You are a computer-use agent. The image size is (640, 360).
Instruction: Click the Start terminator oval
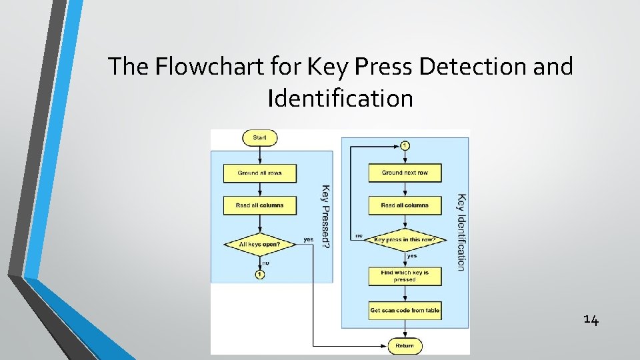click(x=259, y=138)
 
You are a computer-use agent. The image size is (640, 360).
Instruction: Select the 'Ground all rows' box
click(x=259, y=173)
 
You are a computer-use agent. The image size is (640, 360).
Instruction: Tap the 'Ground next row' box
click(x=405, y=173)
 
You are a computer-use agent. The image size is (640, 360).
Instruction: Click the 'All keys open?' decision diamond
click(x=259, y=244)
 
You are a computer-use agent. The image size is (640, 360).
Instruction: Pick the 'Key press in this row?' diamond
click(x=405, y=239)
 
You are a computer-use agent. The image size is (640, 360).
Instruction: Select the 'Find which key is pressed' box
click(x=405, y=276)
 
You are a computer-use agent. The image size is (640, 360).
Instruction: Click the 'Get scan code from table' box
click(x=405, y=310)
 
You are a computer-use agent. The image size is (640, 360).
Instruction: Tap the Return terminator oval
click(x=405, y=346)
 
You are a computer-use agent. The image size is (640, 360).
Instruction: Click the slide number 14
click(x=591, y=320)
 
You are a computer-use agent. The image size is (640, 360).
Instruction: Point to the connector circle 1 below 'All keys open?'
click(x=259, y=275)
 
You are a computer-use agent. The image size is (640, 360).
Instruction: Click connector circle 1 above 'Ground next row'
click(x=405, y=145)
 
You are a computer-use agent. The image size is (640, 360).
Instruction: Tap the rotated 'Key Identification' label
click(x=461, y=232)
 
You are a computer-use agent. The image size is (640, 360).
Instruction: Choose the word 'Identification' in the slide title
click(x=340, y=99)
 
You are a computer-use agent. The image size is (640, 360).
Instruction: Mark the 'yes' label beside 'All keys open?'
click(x=308, y=239)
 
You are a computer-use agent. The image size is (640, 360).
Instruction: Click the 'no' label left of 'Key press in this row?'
click(x=358, y=235)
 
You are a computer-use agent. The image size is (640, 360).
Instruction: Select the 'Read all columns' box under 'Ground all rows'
click(x=259, y=205)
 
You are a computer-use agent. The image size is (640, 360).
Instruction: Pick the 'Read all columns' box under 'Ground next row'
click(x=405, y=205)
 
